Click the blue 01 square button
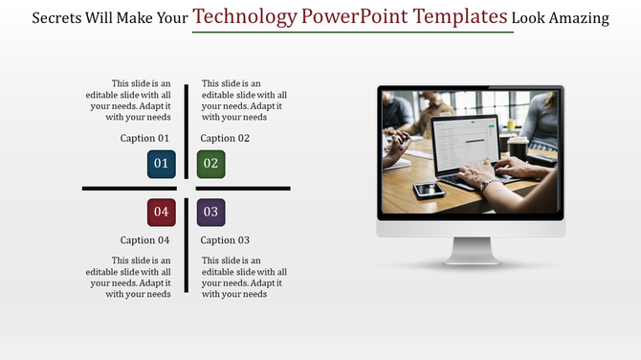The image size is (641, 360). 161,164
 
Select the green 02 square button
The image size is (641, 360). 210,164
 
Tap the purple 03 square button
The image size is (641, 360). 210,212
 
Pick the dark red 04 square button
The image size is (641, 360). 161,212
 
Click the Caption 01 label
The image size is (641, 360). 144,139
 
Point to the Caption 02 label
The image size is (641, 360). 225,139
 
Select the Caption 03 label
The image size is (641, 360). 225,240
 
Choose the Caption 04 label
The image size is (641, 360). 144,240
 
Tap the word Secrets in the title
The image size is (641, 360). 59,18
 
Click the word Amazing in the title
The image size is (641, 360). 576,18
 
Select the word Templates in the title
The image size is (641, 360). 455,16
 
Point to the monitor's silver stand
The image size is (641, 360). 470,251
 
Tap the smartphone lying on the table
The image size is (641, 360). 429,190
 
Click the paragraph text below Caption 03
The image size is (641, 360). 244,277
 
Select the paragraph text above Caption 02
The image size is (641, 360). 244,101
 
